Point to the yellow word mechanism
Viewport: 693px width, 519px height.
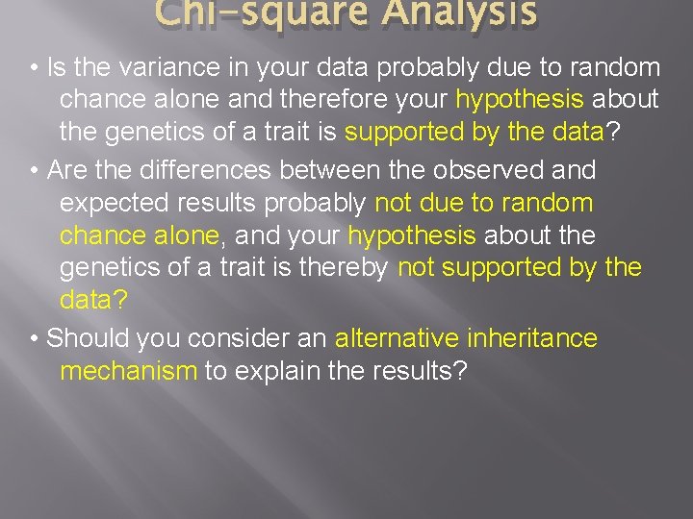tap(128, 371)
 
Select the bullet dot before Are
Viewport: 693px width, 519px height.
tap(34, 171)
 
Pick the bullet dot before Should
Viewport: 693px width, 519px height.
tap(34, 338)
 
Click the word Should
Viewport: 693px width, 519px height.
tap(88, 337)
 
